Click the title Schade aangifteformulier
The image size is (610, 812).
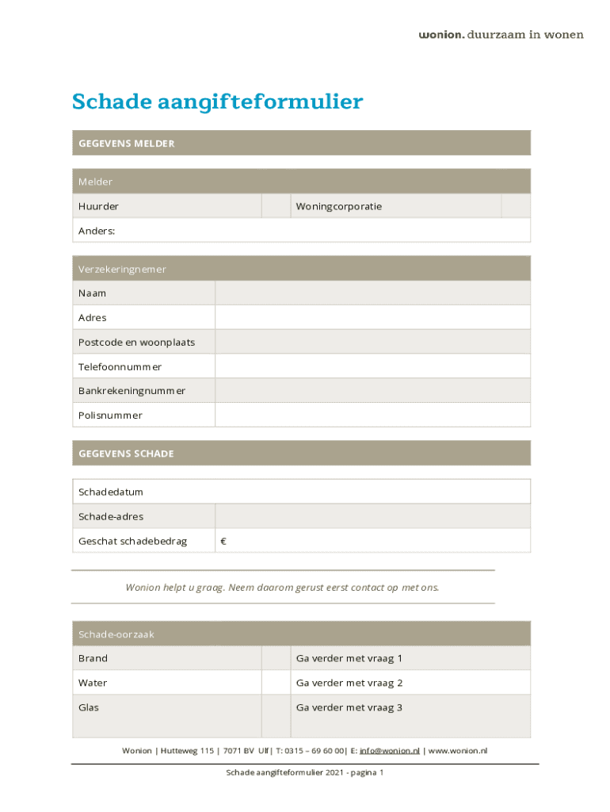[x=217, y=102]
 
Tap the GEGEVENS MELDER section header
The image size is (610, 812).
[x=126, y=144]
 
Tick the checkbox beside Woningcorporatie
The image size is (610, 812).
[x=516, y=206]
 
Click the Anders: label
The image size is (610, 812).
[x=97, y=231]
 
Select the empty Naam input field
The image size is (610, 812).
[x=372, y=293]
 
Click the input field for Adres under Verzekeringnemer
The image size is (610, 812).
[x=372, y=318]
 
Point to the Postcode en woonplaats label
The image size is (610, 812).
[x=136, y=343]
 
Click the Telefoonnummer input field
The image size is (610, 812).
[x=372, y=366]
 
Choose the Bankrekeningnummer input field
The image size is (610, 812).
[x=372, y=391]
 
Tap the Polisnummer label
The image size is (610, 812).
[x=110, y=416]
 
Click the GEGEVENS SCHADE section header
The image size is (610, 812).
[x=126, y=454]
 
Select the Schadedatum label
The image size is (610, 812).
[x=111, y=492]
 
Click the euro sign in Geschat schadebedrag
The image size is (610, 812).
[x=223, y=542]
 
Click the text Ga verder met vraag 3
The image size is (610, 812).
[x=349, y=707]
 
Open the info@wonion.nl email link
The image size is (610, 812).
[x=390, y=750]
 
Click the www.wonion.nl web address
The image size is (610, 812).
[x=458, y=750]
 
